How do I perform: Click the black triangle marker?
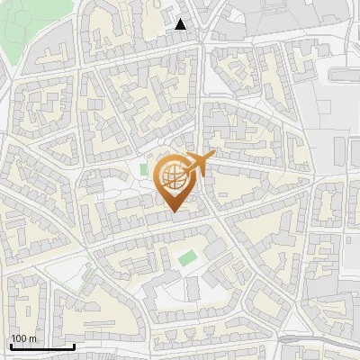coord(181,25)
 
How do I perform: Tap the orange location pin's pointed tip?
coord(174,212)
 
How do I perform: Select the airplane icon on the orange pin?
coord(199,165)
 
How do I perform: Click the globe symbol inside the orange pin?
coord(173,177)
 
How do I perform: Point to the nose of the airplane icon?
coord(213,157)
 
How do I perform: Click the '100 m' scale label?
coord(24,338)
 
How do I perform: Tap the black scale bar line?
coord(41,346)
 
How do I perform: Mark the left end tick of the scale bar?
coord(10,345)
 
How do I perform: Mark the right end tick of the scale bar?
coord(74,345)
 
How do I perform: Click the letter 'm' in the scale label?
coord(33,338)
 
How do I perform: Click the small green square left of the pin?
coord(144,169)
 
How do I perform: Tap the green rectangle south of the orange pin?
coord(186,258)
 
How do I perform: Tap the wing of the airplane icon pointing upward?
coord(200,157)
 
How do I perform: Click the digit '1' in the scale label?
coord(13,338)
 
